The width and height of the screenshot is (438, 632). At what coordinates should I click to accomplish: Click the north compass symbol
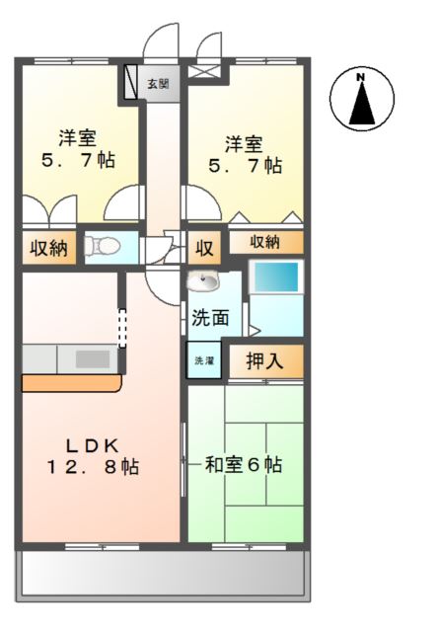coord(361,99)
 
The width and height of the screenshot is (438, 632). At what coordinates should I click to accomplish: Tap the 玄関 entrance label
coord(158,84)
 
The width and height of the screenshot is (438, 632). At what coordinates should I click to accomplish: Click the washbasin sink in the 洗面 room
coord(206,283)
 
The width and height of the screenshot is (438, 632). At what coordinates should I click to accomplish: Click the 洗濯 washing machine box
coord(204,360)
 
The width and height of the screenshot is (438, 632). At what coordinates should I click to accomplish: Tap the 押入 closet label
coord(264,361)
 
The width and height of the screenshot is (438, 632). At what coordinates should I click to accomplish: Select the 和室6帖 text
coord(244,463)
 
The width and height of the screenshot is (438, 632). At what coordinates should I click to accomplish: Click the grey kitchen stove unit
coord(93,358)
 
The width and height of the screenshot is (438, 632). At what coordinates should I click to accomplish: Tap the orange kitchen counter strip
coord(69,382)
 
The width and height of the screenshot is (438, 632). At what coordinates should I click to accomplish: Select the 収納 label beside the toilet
coord(47,248)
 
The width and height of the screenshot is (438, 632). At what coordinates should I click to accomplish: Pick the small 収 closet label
coord(203,248)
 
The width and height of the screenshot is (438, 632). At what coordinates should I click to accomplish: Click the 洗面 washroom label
coord(211,318)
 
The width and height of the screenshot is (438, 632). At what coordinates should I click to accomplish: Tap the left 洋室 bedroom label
coord(76,138)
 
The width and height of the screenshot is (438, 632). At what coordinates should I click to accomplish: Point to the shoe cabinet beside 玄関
coord(131,84)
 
